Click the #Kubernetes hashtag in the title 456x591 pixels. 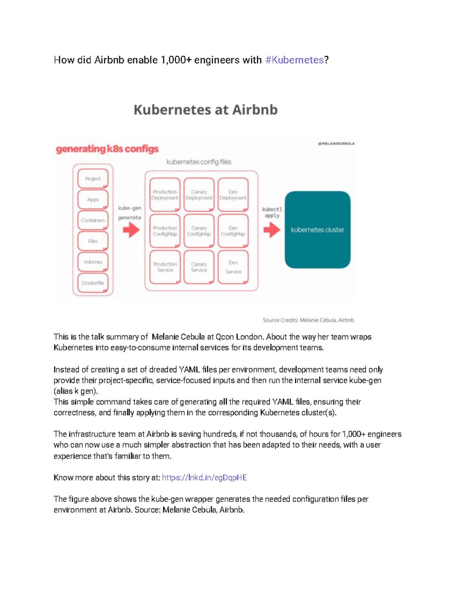294,60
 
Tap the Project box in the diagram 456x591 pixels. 93,179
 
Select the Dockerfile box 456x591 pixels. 93,283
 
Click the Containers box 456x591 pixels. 93,220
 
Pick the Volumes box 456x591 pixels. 93,262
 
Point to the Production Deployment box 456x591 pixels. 165,195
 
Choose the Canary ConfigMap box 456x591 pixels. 199,231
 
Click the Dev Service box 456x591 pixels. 233,267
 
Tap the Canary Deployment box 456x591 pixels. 199,195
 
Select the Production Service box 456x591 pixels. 165,267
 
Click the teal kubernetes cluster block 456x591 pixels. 318,230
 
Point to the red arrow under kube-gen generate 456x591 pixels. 131,230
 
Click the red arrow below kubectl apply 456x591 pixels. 272,230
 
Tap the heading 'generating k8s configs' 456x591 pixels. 107,149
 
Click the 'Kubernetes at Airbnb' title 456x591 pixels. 206,110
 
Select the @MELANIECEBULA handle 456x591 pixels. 336,144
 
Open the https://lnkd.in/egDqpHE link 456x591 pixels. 204,478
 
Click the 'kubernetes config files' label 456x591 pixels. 199,162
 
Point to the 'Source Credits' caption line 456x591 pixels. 308,320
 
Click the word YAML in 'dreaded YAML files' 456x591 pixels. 189,370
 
